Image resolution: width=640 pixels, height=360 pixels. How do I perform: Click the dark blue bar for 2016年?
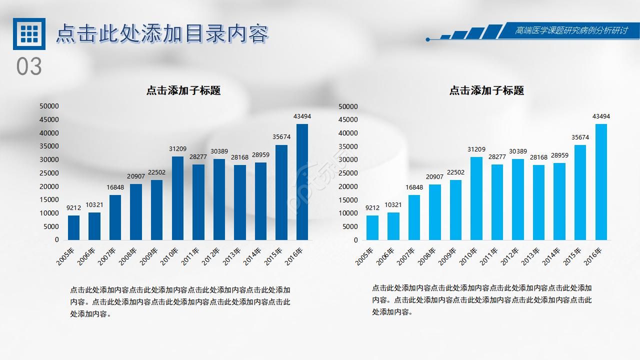tap(302, 182)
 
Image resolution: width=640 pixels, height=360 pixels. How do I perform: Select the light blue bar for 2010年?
tap(476, 198)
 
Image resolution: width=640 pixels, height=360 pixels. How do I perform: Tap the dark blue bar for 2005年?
tap(73, 227)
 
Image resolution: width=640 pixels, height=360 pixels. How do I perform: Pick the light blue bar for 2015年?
tap(580, 192)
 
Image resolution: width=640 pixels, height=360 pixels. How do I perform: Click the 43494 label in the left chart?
tap(302, 116)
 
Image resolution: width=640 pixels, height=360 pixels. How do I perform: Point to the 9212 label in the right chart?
tap(372, 208)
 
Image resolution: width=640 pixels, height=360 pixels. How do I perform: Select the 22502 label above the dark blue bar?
tap(156, 172)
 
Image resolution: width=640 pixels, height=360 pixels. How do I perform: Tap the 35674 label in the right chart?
tap(580, 137)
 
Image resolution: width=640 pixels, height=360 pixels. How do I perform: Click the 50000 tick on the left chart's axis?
tap(49, 106)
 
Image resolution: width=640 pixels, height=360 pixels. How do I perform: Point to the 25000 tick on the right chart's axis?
tap(348, 173)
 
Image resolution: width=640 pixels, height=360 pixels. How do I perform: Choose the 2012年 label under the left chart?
tap(215, 256)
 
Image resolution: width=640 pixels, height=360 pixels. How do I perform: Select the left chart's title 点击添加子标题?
tap(183, 90)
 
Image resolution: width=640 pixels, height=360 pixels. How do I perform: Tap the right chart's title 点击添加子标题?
tap(486, 90)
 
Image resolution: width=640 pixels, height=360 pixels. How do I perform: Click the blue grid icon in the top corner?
tap(29, 33)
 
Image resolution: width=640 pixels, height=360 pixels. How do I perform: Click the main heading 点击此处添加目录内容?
tap(162, 33)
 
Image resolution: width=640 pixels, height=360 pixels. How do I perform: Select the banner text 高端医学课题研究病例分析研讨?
tap(571, 30)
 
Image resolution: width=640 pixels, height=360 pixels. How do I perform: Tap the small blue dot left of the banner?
tap(427, 39)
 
